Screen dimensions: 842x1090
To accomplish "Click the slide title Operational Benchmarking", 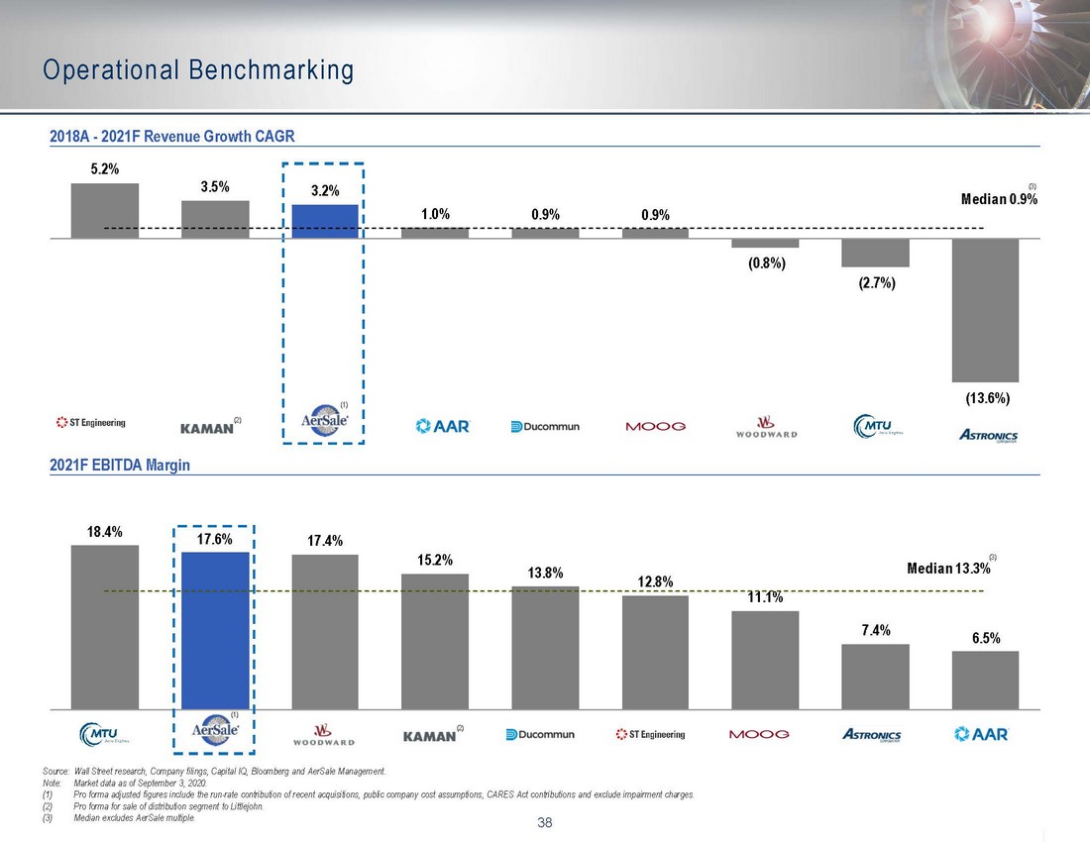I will pos(198,70).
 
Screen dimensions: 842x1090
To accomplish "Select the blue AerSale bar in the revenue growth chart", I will pos(324,221).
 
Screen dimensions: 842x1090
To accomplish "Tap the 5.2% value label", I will pos(104,169).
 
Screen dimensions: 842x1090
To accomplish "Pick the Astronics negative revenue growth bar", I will pos(984,309).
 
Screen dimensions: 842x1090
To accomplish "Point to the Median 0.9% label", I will pos(999,199).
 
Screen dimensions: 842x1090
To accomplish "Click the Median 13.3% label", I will pos(946,569).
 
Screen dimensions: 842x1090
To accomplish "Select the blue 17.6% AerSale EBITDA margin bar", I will pos(214,630).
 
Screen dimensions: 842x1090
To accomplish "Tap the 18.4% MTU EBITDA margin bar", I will pos(104,626).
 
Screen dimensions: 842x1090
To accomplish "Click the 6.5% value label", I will pos(985,639).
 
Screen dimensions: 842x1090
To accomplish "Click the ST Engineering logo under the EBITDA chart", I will pos(650,734).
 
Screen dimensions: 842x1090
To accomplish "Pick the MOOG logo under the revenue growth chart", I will pos(655,427).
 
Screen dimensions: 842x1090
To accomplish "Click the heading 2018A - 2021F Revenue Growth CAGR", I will pos(172,136).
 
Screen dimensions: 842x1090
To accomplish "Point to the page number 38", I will pos(544,821).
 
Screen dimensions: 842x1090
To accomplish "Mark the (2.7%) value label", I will pos(875,284).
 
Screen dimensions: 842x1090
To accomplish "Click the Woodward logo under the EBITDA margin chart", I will pos(324,735).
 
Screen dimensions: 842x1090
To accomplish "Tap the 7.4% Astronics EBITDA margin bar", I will pos(875,677).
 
